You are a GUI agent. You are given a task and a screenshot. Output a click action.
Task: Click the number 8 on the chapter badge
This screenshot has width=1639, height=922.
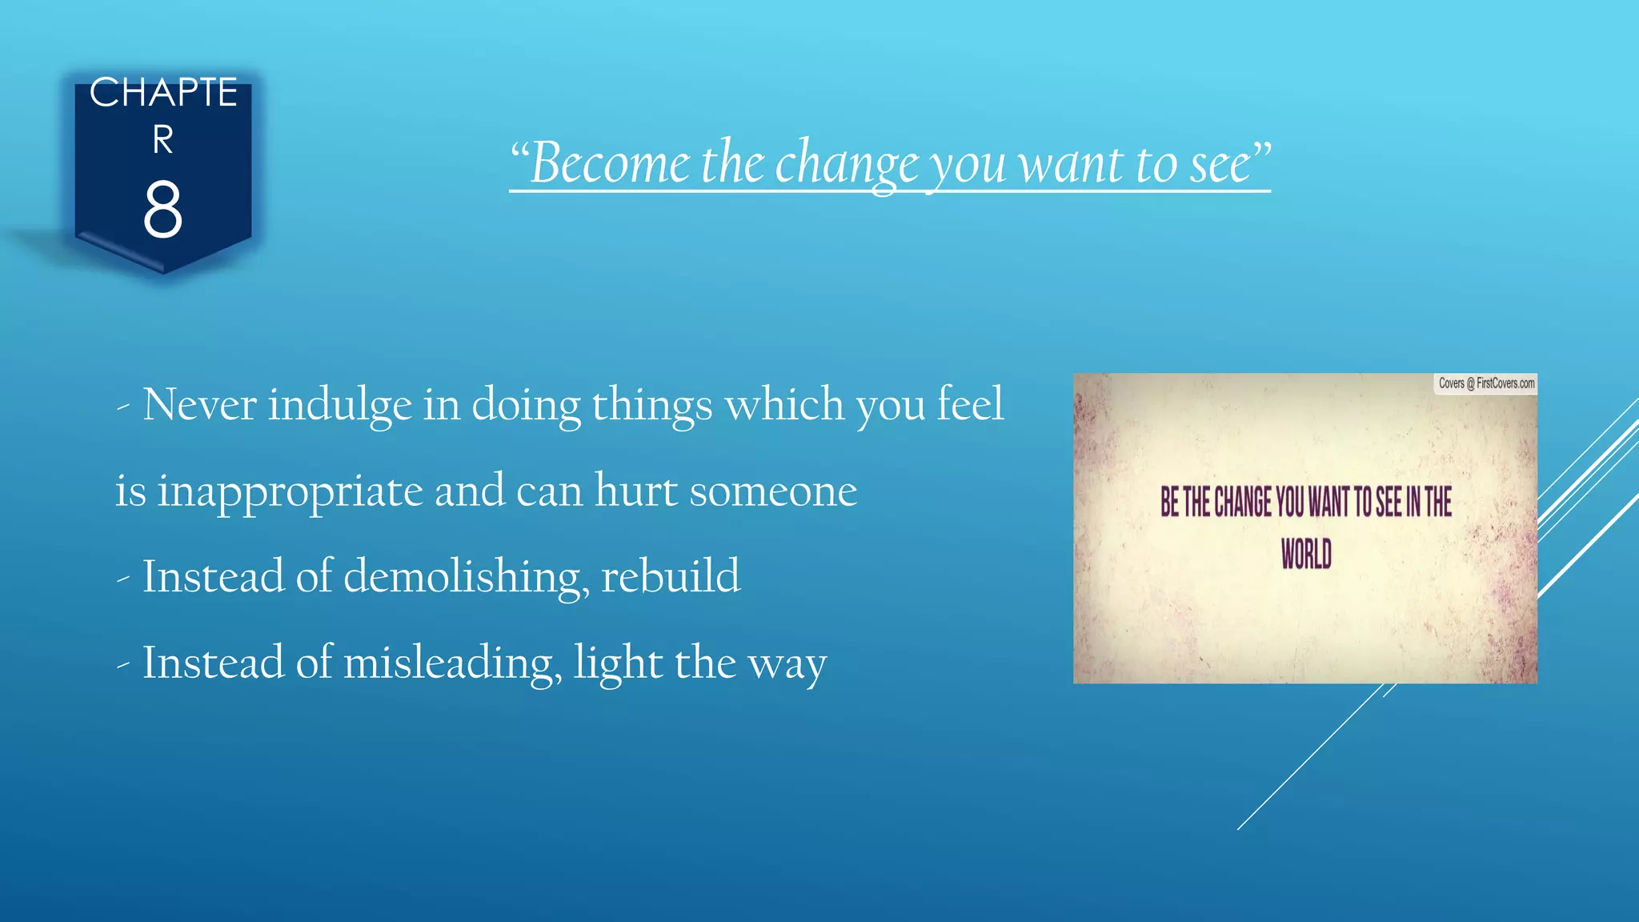162,210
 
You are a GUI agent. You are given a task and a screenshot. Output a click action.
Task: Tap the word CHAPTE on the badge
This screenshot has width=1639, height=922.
163,93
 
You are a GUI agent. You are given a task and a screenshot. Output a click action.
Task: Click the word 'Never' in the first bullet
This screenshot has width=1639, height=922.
199,404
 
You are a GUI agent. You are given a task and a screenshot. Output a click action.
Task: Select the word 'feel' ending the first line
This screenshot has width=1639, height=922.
969,403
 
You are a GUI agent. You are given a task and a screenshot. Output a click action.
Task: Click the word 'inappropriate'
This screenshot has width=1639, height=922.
290,491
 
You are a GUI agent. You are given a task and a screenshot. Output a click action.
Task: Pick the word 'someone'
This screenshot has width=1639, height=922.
773,491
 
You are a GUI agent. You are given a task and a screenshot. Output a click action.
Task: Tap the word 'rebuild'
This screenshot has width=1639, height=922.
670,576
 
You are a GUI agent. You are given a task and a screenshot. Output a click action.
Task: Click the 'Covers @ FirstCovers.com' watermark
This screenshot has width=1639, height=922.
1486,383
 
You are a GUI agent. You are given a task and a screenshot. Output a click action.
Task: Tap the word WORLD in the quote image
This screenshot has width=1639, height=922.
1306,554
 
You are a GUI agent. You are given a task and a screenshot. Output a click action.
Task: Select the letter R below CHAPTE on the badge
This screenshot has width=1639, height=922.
163,140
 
